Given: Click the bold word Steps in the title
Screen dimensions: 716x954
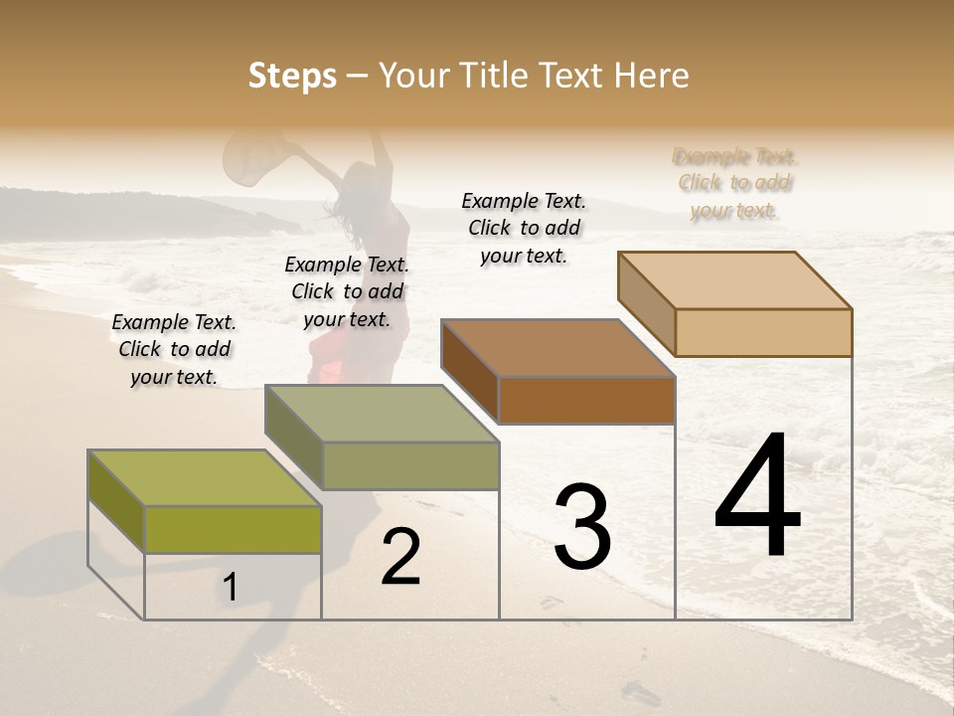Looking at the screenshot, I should (x=292, y=76).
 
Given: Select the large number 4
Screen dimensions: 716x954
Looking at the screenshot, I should (x=757, y=496).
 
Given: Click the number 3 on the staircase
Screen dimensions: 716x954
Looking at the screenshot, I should (x=581, y=527).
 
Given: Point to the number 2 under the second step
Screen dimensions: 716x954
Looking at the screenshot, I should (x=400, y=557).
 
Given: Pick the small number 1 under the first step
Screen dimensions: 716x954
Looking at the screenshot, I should (x=230, y=588).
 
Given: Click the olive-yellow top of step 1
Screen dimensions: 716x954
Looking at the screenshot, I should (x=205, y=477).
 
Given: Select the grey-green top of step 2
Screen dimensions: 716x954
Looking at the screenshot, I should (x=382, y=413).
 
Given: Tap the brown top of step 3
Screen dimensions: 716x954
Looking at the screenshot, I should (x=557, y=347).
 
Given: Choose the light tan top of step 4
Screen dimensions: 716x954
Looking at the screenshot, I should (x=735, y=279).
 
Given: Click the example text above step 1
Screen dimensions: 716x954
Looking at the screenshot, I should (x=174, y=349).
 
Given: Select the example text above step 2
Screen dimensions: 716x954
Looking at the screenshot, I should (x=347, y=291).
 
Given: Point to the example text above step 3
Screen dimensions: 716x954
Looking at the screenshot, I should (x=524, y=228).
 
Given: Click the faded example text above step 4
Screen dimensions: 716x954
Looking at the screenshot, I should (x=734, y=183).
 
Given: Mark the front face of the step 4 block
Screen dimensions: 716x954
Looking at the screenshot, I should (x=763, y=332).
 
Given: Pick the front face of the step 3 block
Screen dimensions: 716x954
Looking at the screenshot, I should (x=586, y=400).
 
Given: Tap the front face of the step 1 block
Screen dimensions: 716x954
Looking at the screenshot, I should (x=233, y=529).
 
